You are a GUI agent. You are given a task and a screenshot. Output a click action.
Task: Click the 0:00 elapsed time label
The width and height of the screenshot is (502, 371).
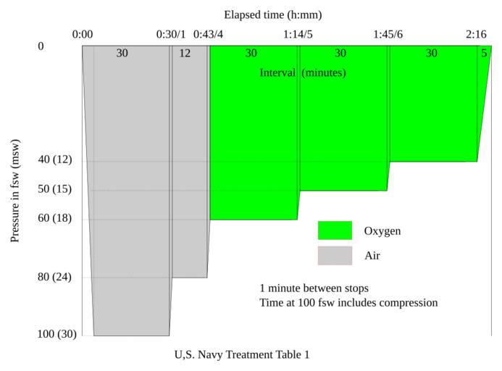[x=83, y=34]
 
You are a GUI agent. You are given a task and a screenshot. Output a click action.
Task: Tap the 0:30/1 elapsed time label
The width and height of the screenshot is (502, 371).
[x=171, y=34]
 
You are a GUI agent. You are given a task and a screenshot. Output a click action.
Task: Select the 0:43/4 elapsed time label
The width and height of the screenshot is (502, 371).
[x=208, y=34]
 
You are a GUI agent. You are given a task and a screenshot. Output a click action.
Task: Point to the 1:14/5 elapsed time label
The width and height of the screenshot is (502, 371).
[x=298, y=34]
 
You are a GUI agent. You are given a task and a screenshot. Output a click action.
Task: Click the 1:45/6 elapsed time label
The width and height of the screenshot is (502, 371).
[x=388, y=34]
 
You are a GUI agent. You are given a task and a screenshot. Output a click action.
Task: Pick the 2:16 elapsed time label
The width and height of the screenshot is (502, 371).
[x=476, y=34]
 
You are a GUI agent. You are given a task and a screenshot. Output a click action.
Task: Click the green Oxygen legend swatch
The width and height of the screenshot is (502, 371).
[x=335, y=230]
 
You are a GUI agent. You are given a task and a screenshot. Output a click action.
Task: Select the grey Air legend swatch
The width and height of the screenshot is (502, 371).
[x=335, y=256]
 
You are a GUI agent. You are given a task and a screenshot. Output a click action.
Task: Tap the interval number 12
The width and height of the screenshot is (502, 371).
[x=185, y=53]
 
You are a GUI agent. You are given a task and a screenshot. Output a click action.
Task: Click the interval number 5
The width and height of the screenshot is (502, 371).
[x=484, y=53]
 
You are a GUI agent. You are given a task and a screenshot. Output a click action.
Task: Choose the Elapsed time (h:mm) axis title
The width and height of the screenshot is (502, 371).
[x=272, y=14]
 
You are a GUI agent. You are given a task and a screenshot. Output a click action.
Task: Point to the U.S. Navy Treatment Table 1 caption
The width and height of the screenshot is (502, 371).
[x=242, y=355]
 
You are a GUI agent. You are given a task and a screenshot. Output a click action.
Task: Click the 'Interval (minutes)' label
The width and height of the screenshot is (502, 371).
[x=302, y=72]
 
